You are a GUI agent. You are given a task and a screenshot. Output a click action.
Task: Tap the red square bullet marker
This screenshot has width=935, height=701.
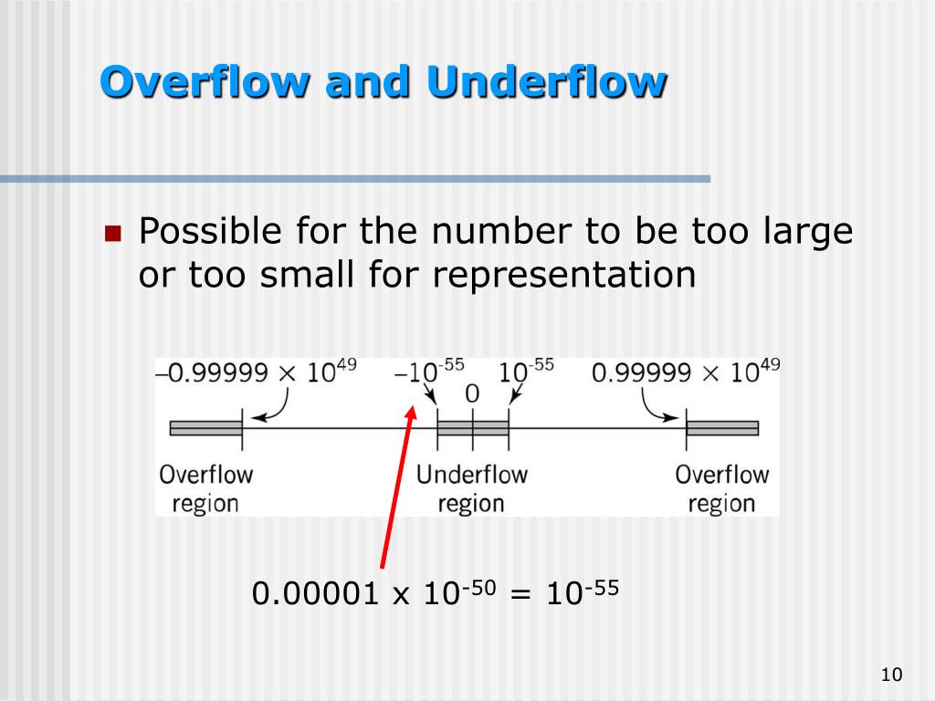(x=113, y=234)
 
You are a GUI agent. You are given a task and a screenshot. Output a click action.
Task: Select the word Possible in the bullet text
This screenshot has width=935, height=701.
(x=210, y=232)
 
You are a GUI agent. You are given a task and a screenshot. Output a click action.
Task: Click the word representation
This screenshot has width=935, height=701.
(x=564, y=275)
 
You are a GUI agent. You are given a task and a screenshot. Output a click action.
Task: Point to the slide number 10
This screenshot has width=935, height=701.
(x=891, y=675)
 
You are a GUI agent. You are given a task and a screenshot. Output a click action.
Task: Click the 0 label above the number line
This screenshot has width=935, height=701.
(x=472, y=394)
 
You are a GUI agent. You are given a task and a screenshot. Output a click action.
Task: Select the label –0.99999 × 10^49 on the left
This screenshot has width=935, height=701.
(x=257, y=372)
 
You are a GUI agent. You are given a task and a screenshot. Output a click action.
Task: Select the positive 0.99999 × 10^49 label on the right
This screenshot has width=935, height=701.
(x=686, y=372)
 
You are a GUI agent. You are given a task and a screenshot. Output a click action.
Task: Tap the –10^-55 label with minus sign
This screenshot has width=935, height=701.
(x=429, y=373)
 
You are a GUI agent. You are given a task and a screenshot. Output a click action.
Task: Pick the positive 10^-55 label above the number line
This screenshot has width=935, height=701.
(x=526, y=373)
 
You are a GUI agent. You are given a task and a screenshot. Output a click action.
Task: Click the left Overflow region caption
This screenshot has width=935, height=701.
(x=205, y=488)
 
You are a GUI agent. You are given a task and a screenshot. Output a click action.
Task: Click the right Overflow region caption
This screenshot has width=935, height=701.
(x=721, y=488)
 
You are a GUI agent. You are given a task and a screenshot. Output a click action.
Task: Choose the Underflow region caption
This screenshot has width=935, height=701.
(x=471, y=488)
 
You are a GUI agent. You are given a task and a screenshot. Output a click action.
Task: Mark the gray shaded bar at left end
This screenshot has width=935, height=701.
(x=205, y=428)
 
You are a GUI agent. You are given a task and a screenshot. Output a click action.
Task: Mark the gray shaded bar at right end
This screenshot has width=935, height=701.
(x=722, y=428)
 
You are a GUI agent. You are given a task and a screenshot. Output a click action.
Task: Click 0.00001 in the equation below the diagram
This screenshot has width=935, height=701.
(x=315, y=594)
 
